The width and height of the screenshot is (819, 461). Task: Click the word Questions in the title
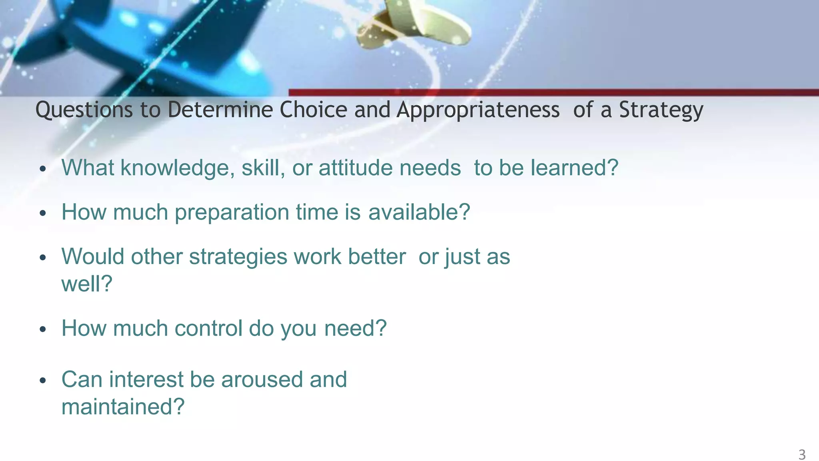(84, 110)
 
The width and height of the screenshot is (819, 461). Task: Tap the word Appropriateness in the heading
(478, 110)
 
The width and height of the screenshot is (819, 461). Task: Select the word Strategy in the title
(661, 110)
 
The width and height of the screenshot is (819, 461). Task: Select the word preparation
(232, 212)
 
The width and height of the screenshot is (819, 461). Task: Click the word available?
(419, 212)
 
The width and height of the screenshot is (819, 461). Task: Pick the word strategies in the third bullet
(238, 257)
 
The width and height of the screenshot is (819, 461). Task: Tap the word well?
(87, 284)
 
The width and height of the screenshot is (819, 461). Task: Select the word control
(208, 329)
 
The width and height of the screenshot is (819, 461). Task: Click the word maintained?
(123, 407)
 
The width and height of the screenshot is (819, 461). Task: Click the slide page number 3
(802, 455)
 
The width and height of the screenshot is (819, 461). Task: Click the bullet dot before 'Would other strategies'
(43, 258)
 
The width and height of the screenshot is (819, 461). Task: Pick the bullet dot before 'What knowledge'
(43, 169)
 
